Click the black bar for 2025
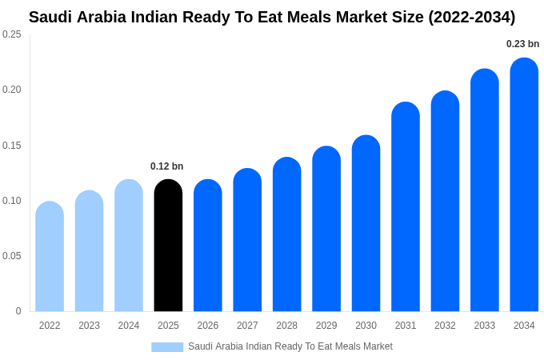pyautogui.click(x=168, y=246)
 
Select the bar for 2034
pyautogui.click(x=524, y=185)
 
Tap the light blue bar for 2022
pyautogui.click(x=50, y=257)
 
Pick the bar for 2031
pyautogui.click(x=406, y=207)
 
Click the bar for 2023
pyautogui.click(x=89, y=251)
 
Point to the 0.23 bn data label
pyautogui.click(x=522, y=44)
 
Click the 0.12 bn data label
pyautogui.click(x=166, y=166)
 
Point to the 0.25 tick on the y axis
pyautogui.click(x=12, y=34)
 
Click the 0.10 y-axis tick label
pyautogui.click(x=12, y=201)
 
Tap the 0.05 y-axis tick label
pyautogui.click(x=12, y=256)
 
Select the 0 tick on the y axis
pyautogui.click(x=18, y=311)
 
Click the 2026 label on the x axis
pyautogui.click(x=208, y=326)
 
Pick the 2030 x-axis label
pyautogui.click(x=366, y=326)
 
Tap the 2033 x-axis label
pyautogui.click(x=485, y=326)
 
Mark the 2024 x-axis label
pyautogui.click(x=129, y=326)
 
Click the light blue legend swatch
pyautogui.click(x=167, y=347)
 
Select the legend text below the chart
pyautogui.click(x=290, y=346)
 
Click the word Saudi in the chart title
pyautogui.click(x=50, y=17)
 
